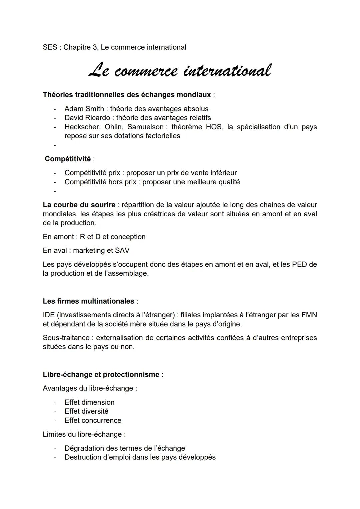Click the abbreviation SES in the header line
pyautogui.click(x=50, y=47)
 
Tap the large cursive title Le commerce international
pyautogui.click(x=180, y=71)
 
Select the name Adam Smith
pyautogui.click(x=84, y=109)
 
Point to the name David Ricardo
pyautogui.click(x=87, y=118)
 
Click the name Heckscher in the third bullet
pyautogui.click(x=82, y=127)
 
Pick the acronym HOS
pyautogui.click(x=214, y=127)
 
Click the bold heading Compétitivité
pyautogui.click(x=68, y=159)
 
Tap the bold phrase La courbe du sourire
pyautogui.click(x=79, y=205)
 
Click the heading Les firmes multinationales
pyautogui.click(x=88, y=301)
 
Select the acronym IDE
pyautogui.click(x=48, y=315)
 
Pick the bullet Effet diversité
pyautogui.click(x=86, y=411)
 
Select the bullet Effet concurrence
pyautogui.click(x=93, y=420)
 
